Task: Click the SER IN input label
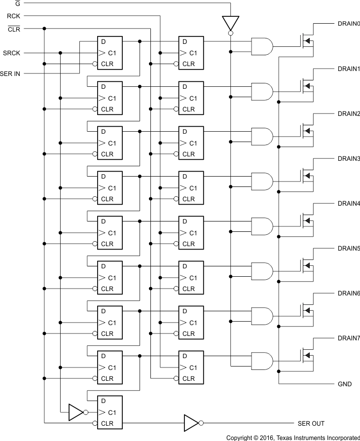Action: tap(11, 73)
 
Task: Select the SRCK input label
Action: tap(11, 53)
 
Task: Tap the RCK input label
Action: tap(13, 16)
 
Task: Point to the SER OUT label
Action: tap(311, 423)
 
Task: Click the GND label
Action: tap(345, 384)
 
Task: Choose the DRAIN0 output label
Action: tap(349, 24)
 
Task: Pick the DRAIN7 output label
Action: tap(349, 338)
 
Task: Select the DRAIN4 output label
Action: tap(349, 203)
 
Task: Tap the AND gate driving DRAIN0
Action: tap(262, 46)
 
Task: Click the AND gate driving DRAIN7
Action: tap(262, 361)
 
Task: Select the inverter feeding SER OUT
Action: tap(191, 423)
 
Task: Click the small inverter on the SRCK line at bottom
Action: tap(76, 412)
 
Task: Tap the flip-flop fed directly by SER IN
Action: tap(109, 53)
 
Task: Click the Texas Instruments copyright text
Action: tap(293, 438)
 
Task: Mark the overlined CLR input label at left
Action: tap(14, 29)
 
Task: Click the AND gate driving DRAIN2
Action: tap(262, 136)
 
